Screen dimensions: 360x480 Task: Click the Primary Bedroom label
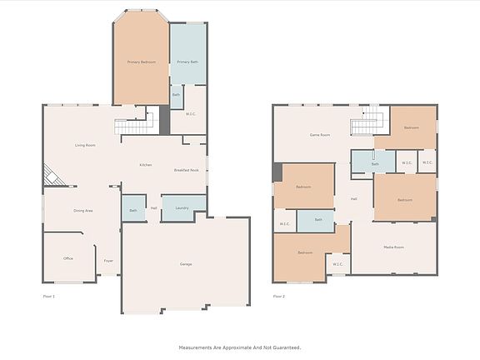click(x=141, y=62)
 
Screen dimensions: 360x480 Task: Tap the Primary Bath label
click(x=187, y=62)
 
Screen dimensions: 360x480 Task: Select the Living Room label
click(x=85, y=145)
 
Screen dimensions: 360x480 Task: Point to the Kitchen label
click(x=145, y=165)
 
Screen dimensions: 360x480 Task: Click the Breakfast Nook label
click(x=186, y=170)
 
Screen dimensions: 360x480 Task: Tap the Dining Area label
click(x=83, y=211)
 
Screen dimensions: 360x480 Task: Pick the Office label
click(x=68, y=258)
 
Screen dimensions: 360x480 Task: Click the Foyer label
click(x=107, y=261)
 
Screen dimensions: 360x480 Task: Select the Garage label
click(x=186, y=264)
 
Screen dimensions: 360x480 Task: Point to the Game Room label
click(x=320, y=134)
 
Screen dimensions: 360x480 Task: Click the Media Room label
click(x=393, y=247)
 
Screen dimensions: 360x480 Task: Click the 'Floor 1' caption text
click(x=48, y=296)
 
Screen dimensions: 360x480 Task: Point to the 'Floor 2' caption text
click(x=278, y=296)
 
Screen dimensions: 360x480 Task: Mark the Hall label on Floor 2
click(x=353, y=198)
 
